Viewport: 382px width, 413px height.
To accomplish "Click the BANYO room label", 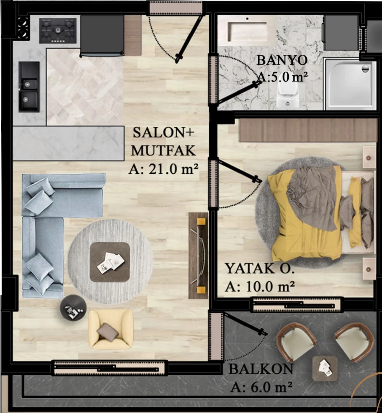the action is [x=282, y=60].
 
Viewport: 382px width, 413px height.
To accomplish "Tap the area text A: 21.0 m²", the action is [x=163, y=169].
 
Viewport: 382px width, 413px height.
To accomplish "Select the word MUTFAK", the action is [x=163, y=150].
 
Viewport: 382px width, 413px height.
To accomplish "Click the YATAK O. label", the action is [x=260, y=268].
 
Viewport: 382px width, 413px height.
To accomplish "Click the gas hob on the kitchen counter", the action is [x=58, y=31].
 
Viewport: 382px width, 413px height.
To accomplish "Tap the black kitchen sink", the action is [x=29, y=87].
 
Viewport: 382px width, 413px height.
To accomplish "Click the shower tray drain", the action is [x=365, y=68].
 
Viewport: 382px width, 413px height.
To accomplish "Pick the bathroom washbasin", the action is [x=247, y=31].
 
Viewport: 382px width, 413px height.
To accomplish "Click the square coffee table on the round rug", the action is [x=110, y=262].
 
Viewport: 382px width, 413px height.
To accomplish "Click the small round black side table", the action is [x=73, y=308].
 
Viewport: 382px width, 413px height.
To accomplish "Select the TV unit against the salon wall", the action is [x=198, y=256].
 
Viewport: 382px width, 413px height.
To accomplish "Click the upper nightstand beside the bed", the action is [x=369, y=157].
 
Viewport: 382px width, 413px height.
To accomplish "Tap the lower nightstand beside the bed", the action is [x=369, y=269].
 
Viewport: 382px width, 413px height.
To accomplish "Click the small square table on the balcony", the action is [x=325, y=368].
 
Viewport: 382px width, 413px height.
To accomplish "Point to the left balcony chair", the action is [x=296, y=342].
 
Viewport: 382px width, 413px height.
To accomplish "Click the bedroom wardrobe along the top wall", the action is [x=308, y=130].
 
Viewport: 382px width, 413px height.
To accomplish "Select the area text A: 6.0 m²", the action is [x=261, y=387].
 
